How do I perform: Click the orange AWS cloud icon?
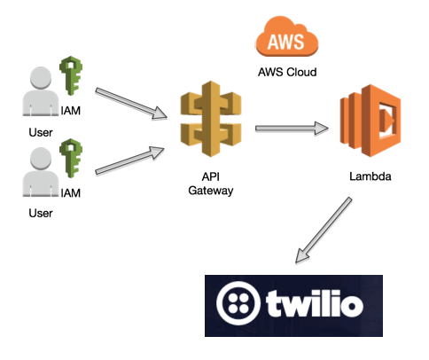point(286,36)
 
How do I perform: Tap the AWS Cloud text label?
point(287,72)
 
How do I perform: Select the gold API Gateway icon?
point(211,119)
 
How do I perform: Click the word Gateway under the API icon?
point(211,191)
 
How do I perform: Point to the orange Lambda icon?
point(370,121)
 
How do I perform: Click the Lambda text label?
point(370,176)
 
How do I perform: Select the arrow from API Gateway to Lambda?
point(292,129)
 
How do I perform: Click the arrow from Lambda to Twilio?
point(324,230)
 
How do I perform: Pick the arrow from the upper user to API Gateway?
point(131,104)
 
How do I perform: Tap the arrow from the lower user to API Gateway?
point(129,160)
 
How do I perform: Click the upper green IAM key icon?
point(71,75)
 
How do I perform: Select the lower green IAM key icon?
point(71,158)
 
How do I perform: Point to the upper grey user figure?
point(41,91)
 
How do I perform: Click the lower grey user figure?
point(41,172)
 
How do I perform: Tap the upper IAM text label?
point(71,111)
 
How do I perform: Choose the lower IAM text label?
point(71,193)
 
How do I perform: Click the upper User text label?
point(41,132)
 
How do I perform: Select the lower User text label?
point(41,213)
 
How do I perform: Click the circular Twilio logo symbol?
point(238,303)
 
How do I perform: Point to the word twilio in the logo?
point(315,303)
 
